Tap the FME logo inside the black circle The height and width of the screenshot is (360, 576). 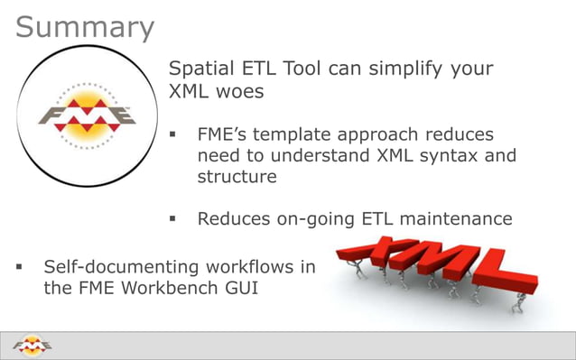pos(86,115)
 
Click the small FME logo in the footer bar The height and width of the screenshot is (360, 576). pos(33,345)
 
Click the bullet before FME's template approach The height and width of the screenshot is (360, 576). pos(172,136)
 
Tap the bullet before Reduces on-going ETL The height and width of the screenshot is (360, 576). pos(172,219)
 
